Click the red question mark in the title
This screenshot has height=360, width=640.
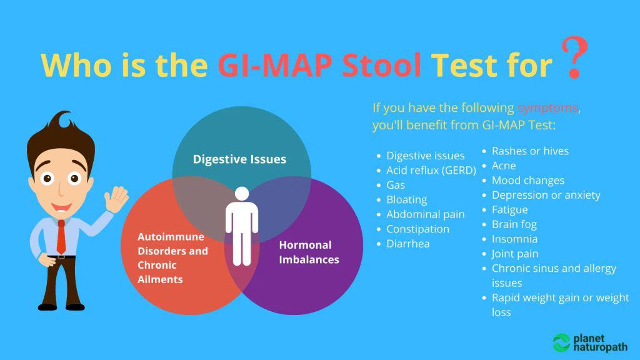573,58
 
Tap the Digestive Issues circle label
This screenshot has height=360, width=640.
239,159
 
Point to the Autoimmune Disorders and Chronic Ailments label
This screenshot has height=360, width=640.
172,257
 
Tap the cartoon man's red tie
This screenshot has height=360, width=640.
61,237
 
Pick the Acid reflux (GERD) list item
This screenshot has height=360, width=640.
431,170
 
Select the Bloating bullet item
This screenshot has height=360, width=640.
406,199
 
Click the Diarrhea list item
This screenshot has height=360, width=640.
407,244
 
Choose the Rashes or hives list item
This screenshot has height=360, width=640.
530,151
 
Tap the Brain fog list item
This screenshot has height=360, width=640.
514,224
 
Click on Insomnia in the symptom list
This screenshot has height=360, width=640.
514,239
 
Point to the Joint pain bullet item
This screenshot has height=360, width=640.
514,254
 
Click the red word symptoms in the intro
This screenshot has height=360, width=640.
547,107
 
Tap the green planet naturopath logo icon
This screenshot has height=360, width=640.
561,342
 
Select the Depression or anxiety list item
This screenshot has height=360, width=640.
546,195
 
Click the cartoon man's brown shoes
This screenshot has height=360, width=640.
59,306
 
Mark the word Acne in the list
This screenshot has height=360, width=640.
504,166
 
